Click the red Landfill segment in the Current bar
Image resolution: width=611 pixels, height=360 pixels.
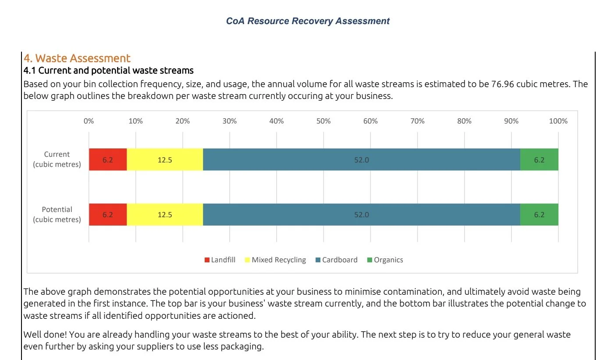pyautogui.click(x=108, y=160)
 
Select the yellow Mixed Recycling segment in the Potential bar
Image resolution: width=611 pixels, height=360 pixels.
pyautogui.click(x=165, y=215)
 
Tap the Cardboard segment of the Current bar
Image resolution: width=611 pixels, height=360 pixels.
pyautogui.click(x=361, y=160)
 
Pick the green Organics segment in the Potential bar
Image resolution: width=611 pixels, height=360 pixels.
pyautogui.click(x=539, y=215)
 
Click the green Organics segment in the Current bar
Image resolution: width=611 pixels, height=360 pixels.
pyautogui.click(x=539, y=160)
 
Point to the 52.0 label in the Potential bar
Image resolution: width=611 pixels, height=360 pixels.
pyautogui.click(x=362, y=215)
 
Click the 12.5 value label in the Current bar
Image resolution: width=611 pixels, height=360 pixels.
pyautogui.click(x=165, y=160)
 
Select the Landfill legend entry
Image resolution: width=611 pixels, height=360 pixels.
pyautogui.click(x=220, y=260)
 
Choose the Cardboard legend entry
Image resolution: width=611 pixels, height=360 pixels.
pyautogui.click(x=336, y=260)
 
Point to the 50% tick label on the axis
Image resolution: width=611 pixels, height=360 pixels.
pyautogui.click(x=323, y=121)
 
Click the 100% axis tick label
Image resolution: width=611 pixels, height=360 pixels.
pyautogui.click(x=558, y=121)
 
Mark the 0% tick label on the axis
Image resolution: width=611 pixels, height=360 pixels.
pyautogui.click(x=89, y=121)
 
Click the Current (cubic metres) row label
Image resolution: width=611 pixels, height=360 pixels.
pyautogui.click(x=57, y=159)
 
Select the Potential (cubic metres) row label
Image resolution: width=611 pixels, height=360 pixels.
pyautogui.click(x=57, y=215)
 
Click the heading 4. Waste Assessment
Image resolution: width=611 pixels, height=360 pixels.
pyautogui.click(x=77, y=58)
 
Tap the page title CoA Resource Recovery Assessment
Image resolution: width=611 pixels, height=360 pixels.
pyautogui.click(x=308, y=21)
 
